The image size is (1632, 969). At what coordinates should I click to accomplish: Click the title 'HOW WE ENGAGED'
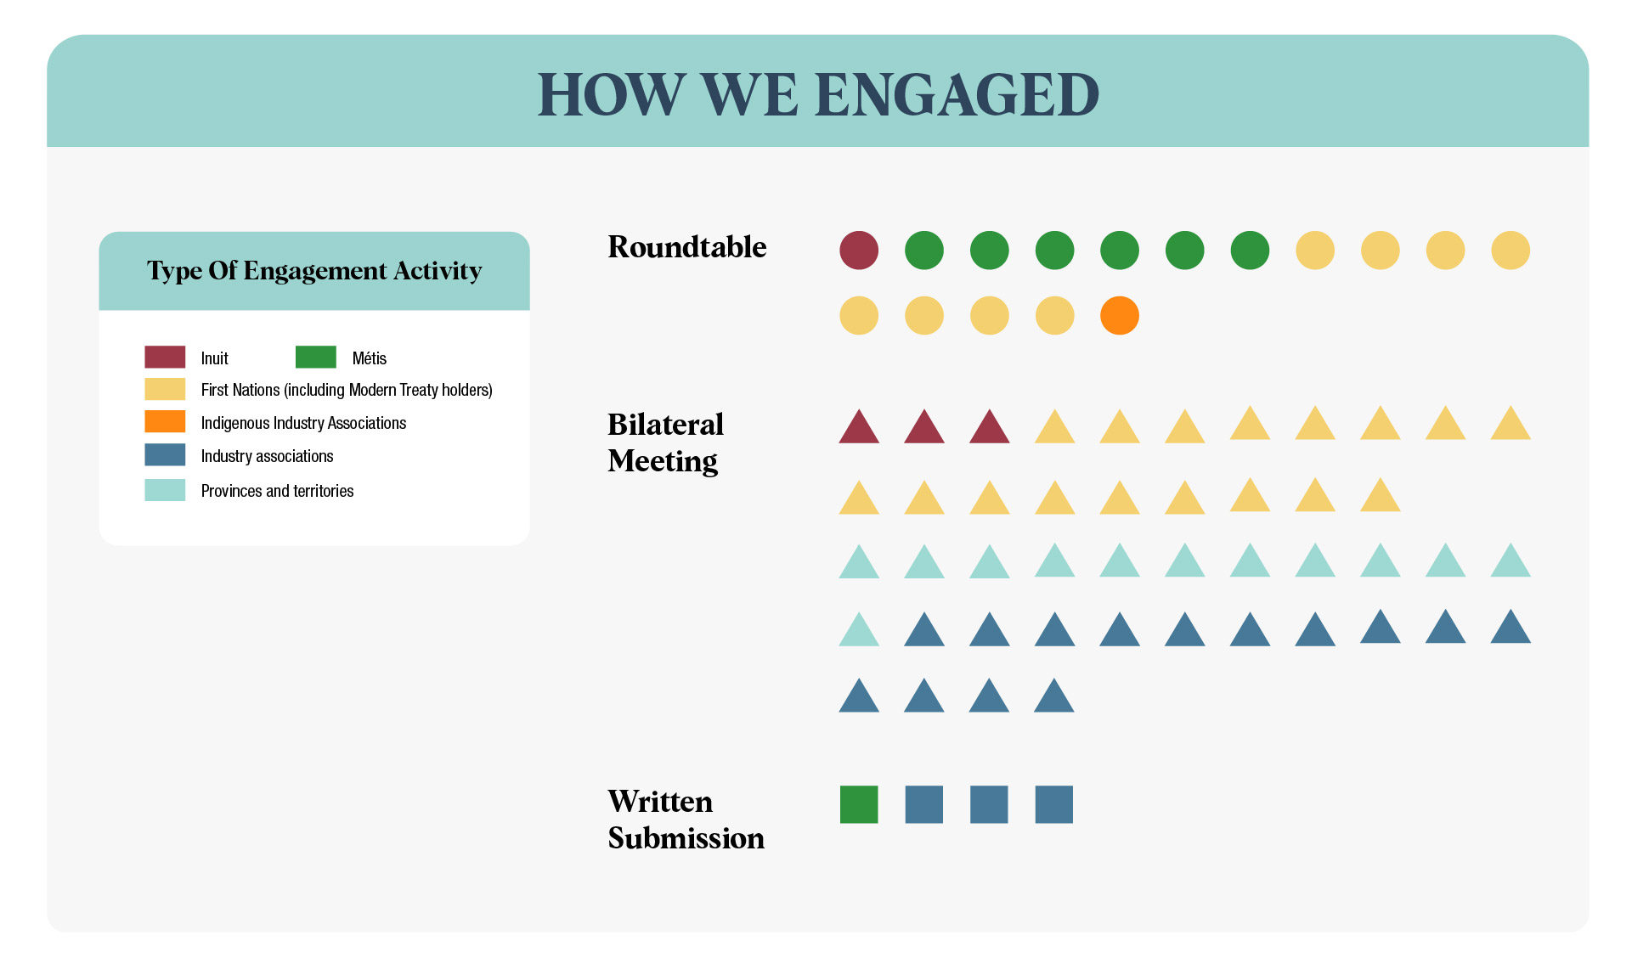click(818, 94)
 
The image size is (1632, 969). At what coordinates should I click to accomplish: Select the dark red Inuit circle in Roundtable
click(859, 251)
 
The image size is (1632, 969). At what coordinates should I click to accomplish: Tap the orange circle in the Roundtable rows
click(1120, 316)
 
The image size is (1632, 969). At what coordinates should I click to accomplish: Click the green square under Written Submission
click(859, 804)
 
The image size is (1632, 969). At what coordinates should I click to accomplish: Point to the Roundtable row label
click(687, 247)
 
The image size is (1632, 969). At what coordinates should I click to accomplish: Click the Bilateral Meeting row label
click(666, 442)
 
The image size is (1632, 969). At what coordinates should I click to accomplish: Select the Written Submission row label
click(686, 820)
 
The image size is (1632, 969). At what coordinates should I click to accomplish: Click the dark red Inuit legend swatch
click(165, 357)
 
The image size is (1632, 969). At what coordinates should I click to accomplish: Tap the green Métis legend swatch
click(316, 357)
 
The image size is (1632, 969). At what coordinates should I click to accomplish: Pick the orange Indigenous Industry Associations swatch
click(165, 422)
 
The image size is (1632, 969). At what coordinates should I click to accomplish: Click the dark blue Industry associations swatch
click(165, 455)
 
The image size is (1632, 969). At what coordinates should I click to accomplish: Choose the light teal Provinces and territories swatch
click(165, 490)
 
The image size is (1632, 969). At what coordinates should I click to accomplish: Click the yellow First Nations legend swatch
click(165, 389)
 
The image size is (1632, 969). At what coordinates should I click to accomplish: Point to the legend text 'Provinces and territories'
click(277, 491)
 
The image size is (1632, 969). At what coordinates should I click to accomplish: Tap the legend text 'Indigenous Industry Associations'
click(303, 423)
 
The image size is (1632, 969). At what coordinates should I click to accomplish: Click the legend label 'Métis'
click(370, 358)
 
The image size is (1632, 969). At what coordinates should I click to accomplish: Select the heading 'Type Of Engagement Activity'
click(314, 271)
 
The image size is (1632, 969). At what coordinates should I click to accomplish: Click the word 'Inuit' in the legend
click(214, 358)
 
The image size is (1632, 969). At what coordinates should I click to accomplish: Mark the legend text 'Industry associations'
click(267, 456)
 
